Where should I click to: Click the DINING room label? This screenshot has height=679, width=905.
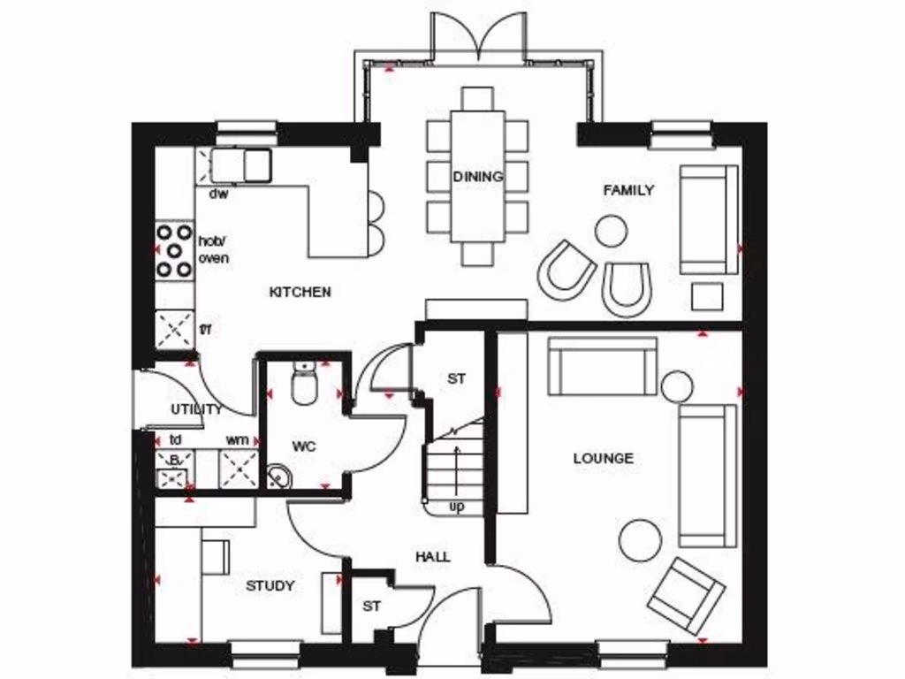(478, 177)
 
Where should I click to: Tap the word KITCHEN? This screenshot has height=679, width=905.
(300, 292)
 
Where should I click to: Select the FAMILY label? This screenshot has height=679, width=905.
(629, 190)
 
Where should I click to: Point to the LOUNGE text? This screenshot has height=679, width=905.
(604, 458)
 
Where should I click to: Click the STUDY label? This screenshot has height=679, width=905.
(270, 585)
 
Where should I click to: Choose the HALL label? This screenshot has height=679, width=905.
(433, 557)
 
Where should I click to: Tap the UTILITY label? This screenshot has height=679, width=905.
(196, 409)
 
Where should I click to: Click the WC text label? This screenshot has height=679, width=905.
(304, 446)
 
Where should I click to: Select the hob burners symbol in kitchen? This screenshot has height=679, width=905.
(175, 251)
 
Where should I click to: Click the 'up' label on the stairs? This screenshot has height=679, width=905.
(457, 507)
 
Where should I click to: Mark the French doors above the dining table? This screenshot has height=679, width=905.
(478, 35)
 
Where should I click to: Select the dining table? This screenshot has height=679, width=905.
(477, 175)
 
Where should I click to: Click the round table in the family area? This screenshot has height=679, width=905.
(611, 232)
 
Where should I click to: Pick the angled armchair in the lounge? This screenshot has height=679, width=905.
(686, 596)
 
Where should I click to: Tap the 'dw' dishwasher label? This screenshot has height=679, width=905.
(218, 194)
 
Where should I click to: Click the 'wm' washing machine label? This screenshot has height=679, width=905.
(237, 439)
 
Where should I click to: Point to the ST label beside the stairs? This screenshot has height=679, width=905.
(456, 378)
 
